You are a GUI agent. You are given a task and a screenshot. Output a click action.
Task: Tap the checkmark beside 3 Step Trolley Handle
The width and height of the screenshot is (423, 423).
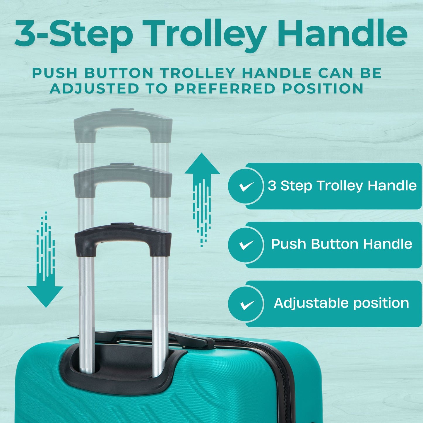click(x=246, y=186)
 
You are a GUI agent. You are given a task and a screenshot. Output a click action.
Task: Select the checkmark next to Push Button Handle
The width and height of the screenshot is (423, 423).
click(x=246, y=245)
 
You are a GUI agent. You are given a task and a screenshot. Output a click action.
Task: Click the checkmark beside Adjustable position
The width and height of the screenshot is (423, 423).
click(x=246, y=304)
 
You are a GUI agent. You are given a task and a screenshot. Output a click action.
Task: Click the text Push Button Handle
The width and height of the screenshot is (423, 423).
click(x=341, y=244)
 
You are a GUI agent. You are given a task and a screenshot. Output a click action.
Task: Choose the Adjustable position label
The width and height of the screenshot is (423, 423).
click(x=341, y=303)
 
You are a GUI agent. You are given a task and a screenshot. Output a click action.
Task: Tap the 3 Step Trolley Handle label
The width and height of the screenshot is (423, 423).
click(x=342, y=186)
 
